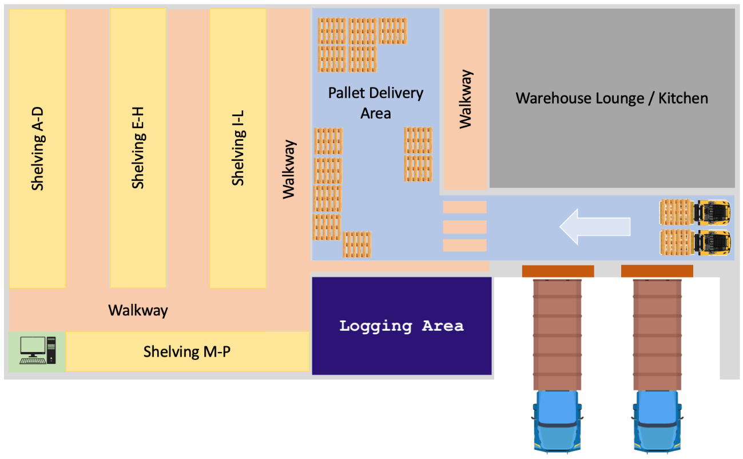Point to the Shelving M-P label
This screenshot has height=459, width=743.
click(x=187, y=351)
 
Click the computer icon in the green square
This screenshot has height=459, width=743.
click(x=38, y=350)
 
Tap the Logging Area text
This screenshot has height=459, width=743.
click(x=401, y=326)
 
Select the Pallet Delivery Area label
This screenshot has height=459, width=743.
click(x=376, y=103)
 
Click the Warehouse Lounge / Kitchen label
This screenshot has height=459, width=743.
click(x=611, y=98)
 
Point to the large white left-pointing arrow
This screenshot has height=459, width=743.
click(x=595, y=227)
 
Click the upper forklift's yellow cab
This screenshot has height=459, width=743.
click(x=712, y=211)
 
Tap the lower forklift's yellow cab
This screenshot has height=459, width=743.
click(x=712, y=242)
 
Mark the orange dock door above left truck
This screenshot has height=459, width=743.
click(x=558, y=271)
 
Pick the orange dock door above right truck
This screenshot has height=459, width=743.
click(x=657, y=271)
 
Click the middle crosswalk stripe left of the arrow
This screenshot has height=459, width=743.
click(x=464, y=227)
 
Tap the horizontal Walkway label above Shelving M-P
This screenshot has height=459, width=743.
click(x=138, y=311)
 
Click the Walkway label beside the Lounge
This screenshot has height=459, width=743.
click(x=466, y=98)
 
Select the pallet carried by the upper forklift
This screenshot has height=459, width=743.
click(x=676, y=212)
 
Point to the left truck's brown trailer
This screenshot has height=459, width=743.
click(x=558, y=334)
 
